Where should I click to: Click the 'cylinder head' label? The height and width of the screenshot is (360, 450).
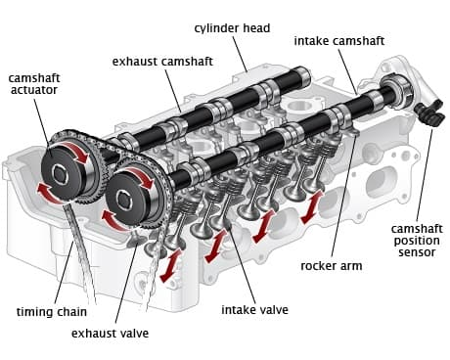pyautogui.click(x=232, y=28)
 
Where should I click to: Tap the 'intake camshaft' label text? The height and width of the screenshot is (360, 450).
pyautogui.click(x=339, y=41)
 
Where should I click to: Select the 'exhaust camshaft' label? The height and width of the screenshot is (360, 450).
pyautogui.click(x=162, y=62)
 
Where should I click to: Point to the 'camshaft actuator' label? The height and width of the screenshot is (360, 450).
pyautogui.click(x=34, y=84)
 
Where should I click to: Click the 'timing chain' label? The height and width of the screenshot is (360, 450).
pyautogui.click(x=52, y=312)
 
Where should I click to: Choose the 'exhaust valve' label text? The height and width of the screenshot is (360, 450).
pyautogui.click(x=110, y=334)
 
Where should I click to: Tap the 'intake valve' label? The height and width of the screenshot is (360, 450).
pyautogui.click(x=254, y=309)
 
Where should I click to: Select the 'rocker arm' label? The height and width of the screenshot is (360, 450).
pyautogui.click(x=332, y=266)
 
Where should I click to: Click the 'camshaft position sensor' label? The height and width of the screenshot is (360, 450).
pyautogui.click(x=417, y=241)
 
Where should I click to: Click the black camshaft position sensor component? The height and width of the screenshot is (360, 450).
pyautogui.click(x=430, y=114)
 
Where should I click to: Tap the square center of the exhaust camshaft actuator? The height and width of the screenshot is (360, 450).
pyautogui.click(x=60, y=174)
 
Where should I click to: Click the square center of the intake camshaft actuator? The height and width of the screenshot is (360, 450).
pyautogui.click(x=124, y=202)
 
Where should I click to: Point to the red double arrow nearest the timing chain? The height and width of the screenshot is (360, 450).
pyautogui.click(x=171, y=266)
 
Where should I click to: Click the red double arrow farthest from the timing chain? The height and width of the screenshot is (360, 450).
pyautogui.click(x=312, y=207)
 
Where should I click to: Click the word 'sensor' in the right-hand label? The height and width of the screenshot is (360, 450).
pyautogui.click(x=417, y=252)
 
